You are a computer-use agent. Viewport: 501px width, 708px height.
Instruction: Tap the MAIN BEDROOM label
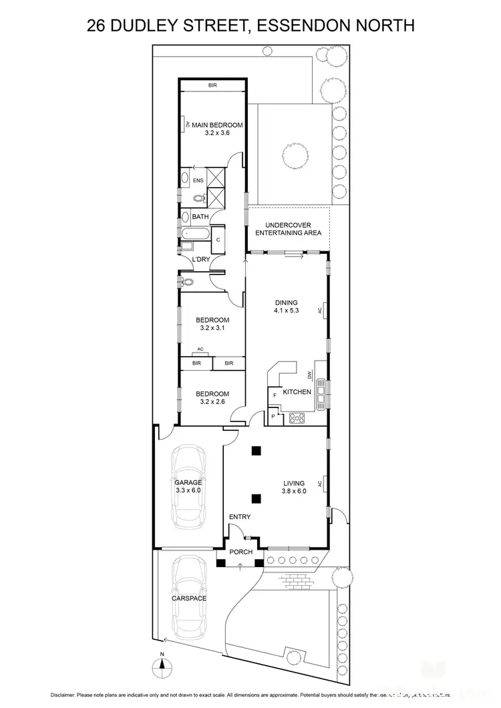click(x=216, y=125)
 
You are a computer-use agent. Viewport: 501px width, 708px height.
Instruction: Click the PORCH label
click(x=240, y=552)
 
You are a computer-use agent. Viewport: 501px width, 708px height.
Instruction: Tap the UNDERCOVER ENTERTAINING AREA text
click(x=293, y=229)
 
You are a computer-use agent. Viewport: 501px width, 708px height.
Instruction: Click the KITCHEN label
click(x=297, y=392)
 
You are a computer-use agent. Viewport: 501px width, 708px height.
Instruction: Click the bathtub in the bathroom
click(x=194, y=234)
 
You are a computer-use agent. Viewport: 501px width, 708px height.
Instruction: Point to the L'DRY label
click(x=201, y=259)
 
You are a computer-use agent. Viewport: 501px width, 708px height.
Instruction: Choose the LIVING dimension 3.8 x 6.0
click(x=293, y=491)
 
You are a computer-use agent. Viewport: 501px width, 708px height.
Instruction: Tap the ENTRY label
click(x=240, y=516)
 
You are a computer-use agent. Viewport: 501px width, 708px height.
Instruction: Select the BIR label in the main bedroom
click(x=212, y=85)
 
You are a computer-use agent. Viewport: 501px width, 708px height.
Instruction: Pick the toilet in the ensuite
click(x=198, y=199)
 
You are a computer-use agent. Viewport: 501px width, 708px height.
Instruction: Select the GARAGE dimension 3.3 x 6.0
click(x=188, y=490)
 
